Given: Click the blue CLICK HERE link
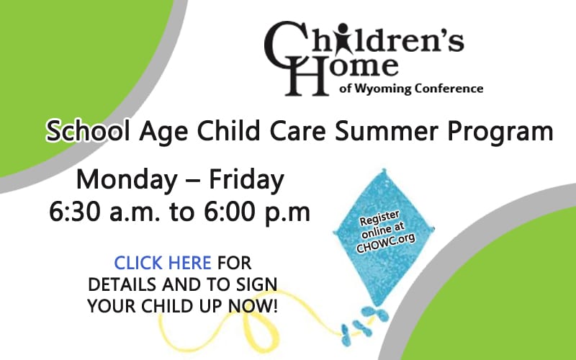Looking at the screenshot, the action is pyautogui.click(x=163, y=263).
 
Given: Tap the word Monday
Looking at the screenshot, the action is pyautogui.click(x=127, y=180).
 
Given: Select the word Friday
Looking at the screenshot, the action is pyautogui.click(x=246, y=180).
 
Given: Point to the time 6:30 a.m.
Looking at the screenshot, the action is pyautogui.click(x=104, y=212).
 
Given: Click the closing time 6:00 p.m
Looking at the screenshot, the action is pyautogui.click(x=257, y=212).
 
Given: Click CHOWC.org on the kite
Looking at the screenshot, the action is pyautogui.click(x=386, y=243).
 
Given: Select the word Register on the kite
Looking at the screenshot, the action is pyautogui.click(x=379, y=218).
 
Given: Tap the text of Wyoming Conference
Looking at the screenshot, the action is pyautogui.click(x=411, y=89).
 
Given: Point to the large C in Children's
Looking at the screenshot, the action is pyautogui.click(x=282, y=45).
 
